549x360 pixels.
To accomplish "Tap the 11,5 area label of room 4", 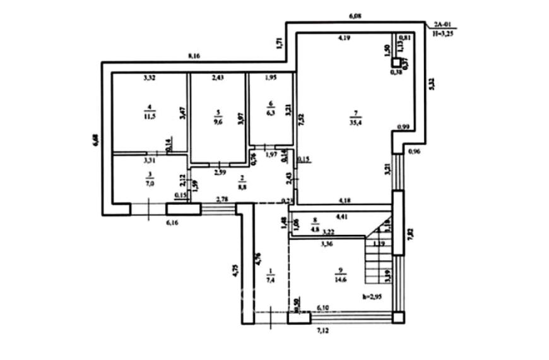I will click(x=150, y=117).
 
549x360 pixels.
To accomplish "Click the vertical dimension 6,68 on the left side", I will click(x=95, y=140).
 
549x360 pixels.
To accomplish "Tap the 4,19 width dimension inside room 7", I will click(x=343, y=39).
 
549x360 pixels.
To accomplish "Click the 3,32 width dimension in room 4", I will click(x=150, y=78).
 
